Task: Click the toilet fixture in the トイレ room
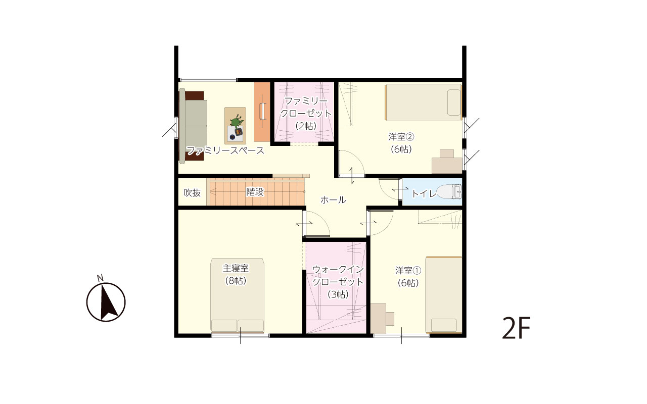tap(449, 191)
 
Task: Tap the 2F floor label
tap(517, 328)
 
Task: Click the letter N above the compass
tap(100, 278)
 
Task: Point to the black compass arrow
tap(108, 300)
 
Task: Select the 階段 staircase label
tap(255, 192)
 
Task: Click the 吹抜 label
tap(192, 192)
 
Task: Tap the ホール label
tap(333, 199)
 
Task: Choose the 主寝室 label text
tap(236, 268)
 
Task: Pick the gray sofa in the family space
tap(193, 126)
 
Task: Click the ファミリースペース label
tap(225, 150)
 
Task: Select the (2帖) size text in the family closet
tap(306, 126)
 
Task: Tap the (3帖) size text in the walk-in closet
tap(338, 294)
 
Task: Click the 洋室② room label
tap(401, 136)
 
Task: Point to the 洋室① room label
tap(408, 270)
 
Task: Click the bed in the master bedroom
tap(237, 295)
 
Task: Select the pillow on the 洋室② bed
tap(454, 103)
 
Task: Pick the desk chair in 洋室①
tap(390, 319)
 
